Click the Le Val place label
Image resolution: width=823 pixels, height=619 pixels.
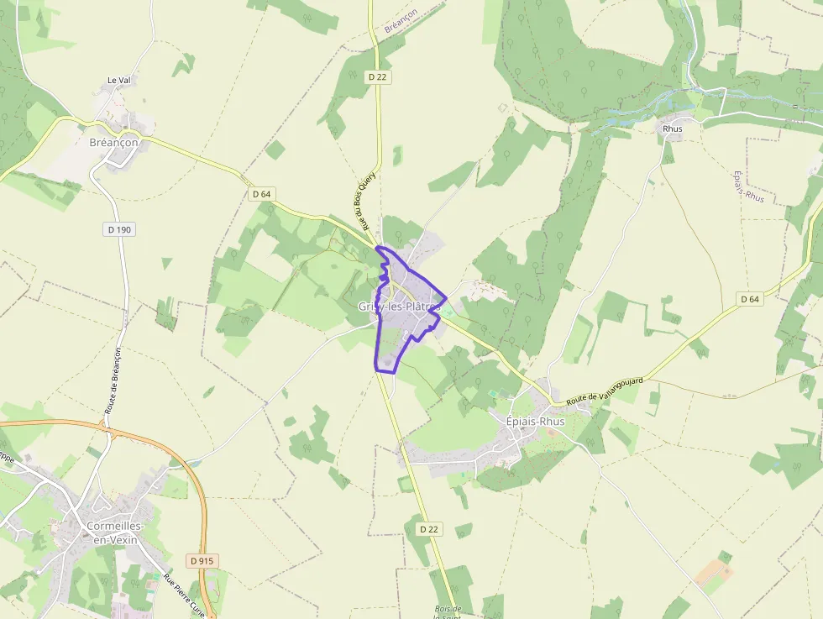[x=118, y=81]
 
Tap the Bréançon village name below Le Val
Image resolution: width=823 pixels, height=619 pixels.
[x=113, y=143]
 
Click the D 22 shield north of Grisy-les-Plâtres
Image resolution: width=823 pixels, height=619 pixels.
[x=378, y=76]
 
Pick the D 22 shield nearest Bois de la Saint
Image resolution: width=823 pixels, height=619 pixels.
[x=428, y=528]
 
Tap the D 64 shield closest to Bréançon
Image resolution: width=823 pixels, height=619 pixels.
[x=262, y=194]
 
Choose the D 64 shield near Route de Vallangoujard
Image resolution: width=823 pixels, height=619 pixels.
[x=750, y=299]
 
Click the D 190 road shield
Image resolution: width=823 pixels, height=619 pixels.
[x=119, y=229]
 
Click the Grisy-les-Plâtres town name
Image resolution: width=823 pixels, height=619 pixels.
[x=399, y=307]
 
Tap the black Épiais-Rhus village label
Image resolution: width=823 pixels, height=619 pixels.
[x=536, y=421]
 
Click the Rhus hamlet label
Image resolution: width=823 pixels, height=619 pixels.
[x=673, y=129]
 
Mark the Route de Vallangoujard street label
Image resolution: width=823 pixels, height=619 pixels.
[x=605, y=393]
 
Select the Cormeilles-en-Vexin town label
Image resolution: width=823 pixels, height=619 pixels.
[x=115, y=532]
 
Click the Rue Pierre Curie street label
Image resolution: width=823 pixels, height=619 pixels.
[x=185, y=594]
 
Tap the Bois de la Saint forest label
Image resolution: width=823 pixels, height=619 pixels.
[x=448, y=612]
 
